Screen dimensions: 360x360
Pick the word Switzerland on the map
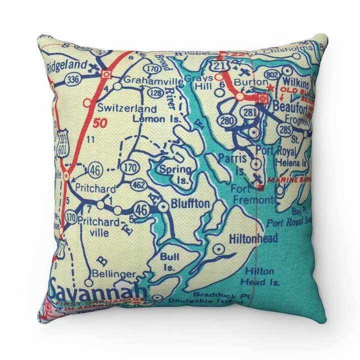[126, 108]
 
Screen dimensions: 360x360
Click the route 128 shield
[156, 93]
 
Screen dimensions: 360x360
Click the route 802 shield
[272, 75]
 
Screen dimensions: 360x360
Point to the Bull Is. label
[166, 259]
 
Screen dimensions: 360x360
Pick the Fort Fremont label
[252, 194]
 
